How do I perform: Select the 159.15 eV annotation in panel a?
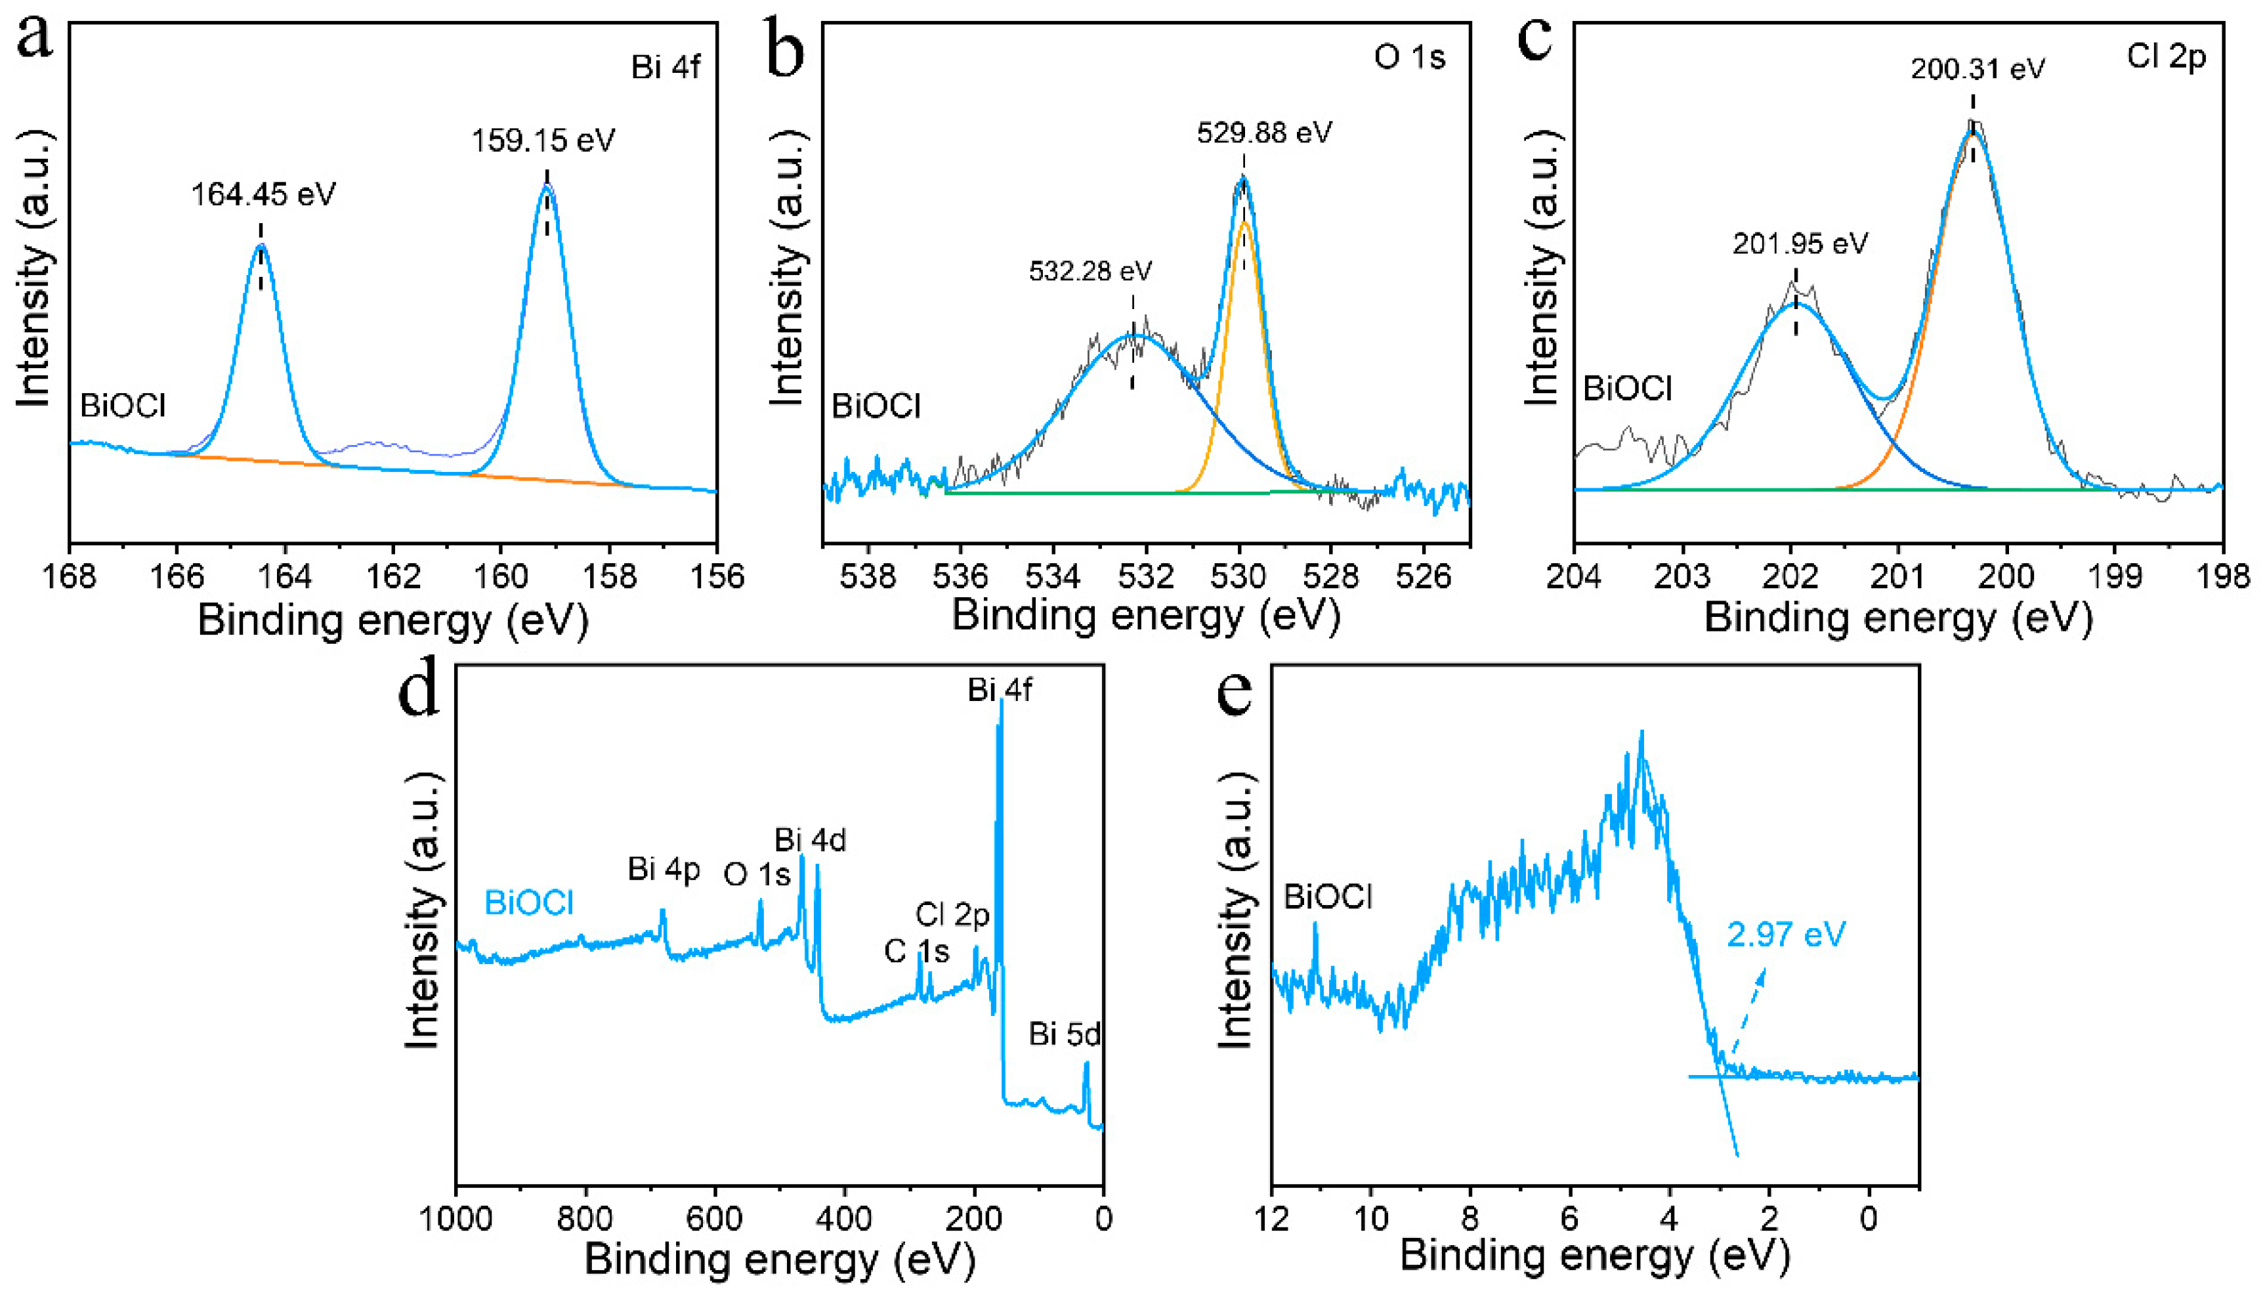[x=543, y=140]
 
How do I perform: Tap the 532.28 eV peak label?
[x=1090, y=270]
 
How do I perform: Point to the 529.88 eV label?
[x=1264, y=133]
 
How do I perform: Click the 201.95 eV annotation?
[x=1800, y=243]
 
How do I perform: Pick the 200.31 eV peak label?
[x=1977, y=68]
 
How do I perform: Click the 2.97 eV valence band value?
[x=1787, y=935]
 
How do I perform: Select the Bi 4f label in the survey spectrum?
[x=999, y=689]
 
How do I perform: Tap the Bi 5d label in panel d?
[x=1064, y=1034]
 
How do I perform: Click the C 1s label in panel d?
[x=916, y=952]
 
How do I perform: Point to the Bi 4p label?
[x=663, y=870]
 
